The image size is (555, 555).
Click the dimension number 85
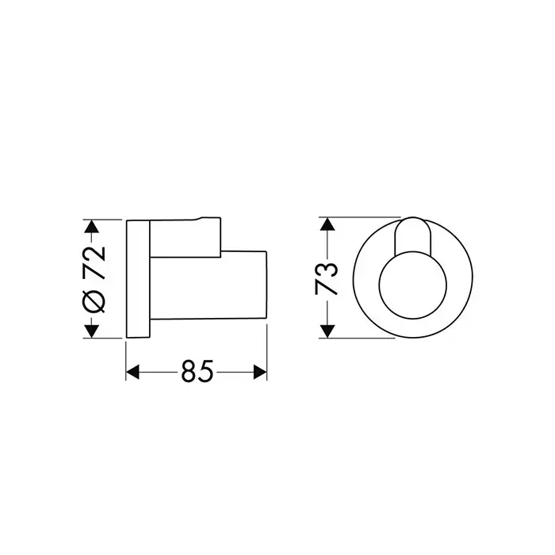tap(197, 371)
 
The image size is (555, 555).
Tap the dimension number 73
tap(327, 278)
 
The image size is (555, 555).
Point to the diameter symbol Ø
tap(94, 300)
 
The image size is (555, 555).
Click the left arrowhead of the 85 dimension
tap(132, 373)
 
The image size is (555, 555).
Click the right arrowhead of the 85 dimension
tap(260, 373)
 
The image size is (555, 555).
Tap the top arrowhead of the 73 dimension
tap(327, 224)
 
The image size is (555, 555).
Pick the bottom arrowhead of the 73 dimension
tap(327, 331)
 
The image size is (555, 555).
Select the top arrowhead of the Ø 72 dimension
tap(92, 227)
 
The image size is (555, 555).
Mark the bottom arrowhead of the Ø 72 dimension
tap(92, 331)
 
